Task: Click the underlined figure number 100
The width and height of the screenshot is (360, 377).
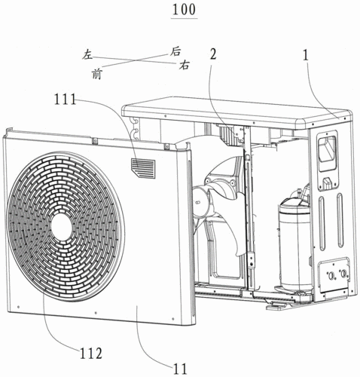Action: point(184,10)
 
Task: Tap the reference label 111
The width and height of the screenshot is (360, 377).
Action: point(66,100)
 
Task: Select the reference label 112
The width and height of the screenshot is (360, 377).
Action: point(91,354)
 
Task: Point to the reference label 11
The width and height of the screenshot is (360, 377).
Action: point(180,369)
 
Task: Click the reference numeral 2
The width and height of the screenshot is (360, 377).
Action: point(213,54)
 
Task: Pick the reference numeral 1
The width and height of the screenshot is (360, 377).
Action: point(305,55)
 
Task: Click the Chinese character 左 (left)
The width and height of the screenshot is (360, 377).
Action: point(87,54)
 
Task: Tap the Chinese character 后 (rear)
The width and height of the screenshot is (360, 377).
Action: point(175,51)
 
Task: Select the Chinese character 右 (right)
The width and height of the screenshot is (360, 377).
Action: point(184,65)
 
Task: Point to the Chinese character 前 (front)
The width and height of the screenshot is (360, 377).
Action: point(96,75)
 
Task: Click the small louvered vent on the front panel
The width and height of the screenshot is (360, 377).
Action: point(142,168)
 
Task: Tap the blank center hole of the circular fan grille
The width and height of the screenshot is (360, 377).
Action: point(62,226)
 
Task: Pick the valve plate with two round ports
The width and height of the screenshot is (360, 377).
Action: point(334,275)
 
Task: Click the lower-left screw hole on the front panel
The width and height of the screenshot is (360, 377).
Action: point(19,307)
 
